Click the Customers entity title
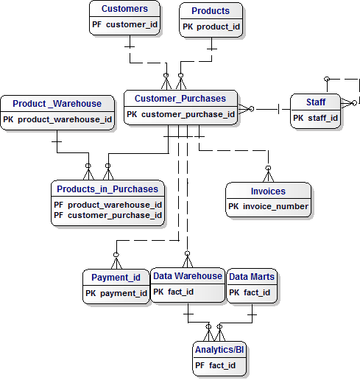124,10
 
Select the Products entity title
211,11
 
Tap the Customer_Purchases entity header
180,99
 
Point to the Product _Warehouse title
57,103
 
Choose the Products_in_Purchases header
107,189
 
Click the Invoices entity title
268,191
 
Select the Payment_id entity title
116,278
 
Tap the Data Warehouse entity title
187,276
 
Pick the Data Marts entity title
252,277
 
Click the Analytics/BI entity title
219,349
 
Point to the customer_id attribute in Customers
132,25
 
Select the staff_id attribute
322,117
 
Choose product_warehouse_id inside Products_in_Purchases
115,204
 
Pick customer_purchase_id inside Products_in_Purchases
115,215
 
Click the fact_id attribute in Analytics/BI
222,365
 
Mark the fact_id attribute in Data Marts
257,292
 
